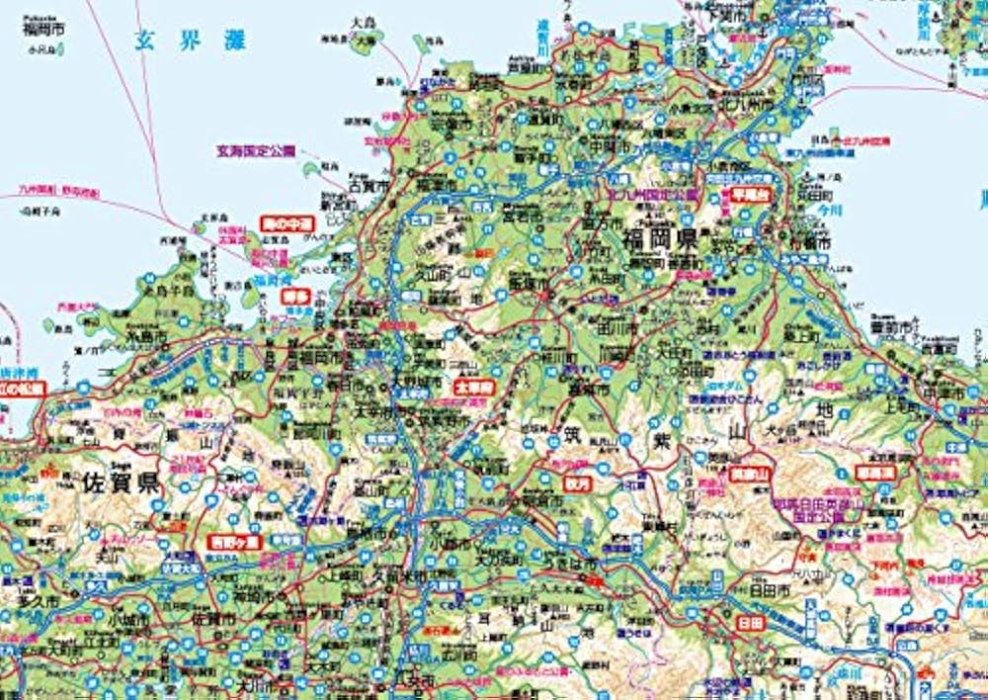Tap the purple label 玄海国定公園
tap(256, 152)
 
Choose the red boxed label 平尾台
tap(749, 195)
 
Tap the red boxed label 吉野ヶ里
tap(234, 542)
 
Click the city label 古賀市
tap(370, 184)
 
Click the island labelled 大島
tap(360, 22)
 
